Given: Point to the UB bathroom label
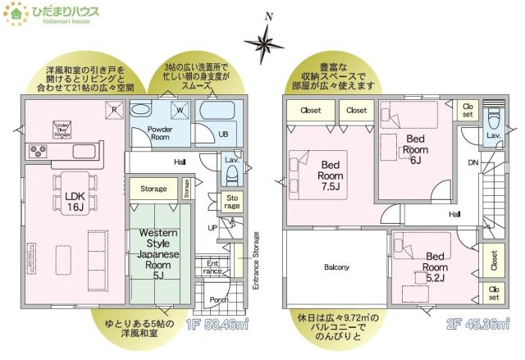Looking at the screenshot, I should (x=222, y=134).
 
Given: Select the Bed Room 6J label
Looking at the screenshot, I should (x=417, y=149).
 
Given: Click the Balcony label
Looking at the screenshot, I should (x=336, y=267).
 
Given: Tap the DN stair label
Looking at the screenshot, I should (x=472, y=163).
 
